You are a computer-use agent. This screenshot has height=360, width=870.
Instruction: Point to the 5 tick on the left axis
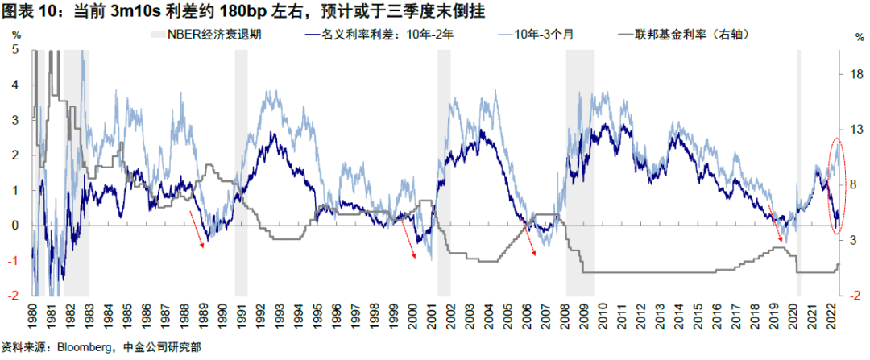click(x=16, y=50)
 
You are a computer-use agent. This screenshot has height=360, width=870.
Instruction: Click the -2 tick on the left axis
click(x=14, y=296)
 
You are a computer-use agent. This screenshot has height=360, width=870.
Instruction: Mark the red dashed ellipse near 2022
click(x=836, y=186)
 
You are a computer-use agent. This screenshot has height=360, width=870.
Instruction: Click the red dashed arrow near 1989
click(x=197, y=230)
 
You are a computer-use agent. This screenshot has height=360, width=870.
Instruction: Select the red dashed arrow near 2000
click(x=408, y=239)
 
